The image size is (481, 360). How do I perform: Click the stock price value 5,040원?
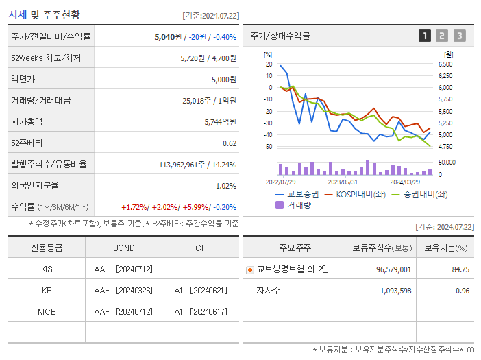click(x=168, y=37)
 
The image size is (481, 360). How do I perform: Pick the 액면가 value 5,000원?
click(x=223, y=80)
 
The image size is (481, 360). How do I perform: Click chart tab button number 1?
click(x=425, y=36)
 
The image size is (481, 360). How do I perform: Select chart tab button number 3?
click(x=459, y=36)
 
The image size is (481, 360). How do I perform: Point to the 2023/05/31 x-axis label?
click(x=343, y=182)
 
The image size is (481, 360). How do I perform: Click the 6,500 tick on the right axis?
click(x=445, y=64)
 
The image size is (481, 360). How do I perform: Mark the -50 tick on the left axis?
click(x=268, y=146)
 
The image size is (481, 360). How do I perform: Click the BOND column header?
click(x=123, y=248)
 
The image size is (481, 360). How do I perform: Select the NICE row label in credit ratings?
click(x=47, y=311)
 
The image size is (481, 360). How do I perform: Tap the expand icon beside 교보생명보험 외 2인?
click(x=250, y=269)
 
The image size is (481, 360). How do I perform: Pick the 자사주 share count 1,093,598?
click(x=395, y=291)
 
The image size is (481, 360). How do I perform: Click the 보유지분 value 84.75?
click(x=460, y=269)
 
